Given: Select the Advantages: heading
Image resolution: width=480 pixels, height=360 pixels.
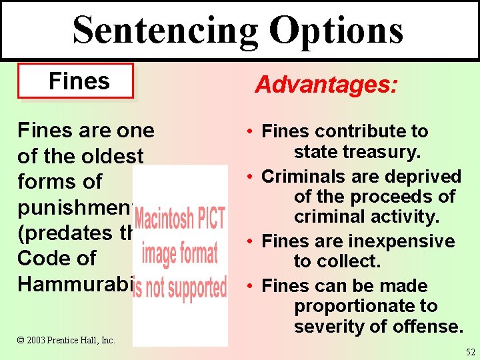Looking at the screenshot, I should (x=326, y=85).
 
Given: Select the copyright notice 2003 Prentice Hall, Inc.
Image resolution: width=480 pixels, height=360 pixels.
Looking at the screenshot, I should (x=67, y=341).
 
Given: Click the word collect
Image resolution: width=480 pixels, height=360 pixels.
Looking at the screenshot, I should (x=347, y=262).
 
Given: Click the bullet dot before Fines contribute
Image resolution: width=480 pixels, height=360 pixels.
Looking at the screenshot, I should (x=247, y=131).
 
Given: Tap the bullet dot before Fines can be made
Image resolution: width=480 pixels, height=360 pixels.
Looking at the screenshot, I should (x=247, y=286).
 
